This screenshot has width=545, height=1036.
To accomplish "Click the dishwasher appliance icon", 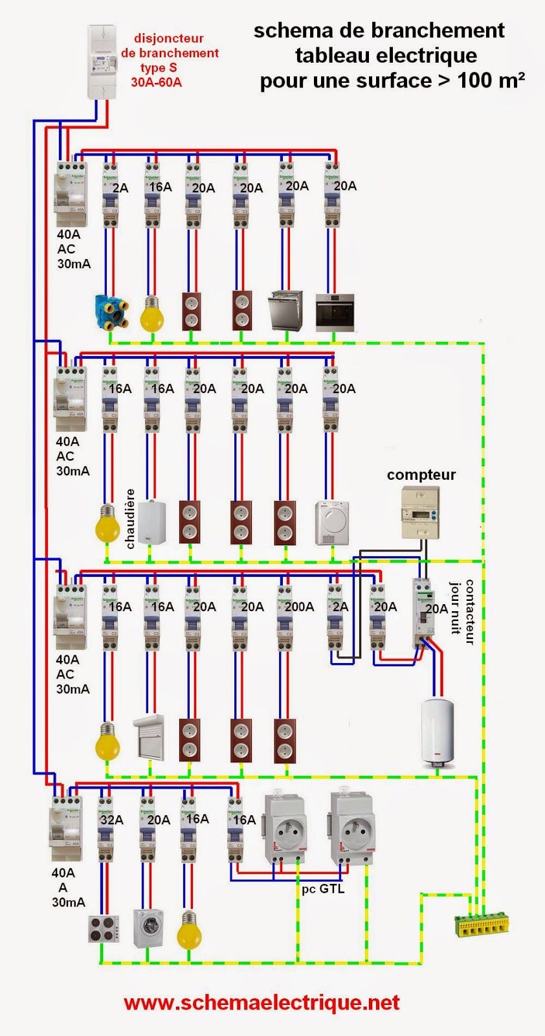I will tap(285, 311).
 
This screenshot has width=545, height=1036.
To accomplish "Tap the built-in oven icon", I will tap(334, 313).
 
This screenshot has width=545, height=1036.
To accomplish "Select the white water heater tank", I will tap(438, 731).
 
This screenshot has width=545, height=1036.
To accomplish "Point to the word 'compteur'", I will tap(421, 475).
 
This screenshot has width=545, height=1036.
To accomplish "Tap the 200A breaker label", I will tap(299, 607).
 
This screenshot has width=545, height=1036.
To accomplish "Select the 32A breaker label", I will tap(111, 820).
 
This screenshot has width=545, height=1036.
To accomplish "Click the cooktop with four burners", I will tap(104, 929).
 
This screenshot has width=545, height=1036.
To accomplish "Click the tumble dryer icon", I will tap(331, 523).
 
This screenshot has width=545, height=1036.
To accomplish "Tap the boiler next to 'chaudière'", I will tap(152, 521).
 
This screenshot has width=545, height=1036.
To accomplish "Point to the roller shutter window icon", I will tap(150, 738).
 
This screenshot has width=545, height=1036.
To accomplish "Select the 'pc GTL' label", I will tap(323, 889).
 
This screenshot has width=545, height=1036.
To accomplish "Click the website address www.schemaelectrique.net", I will tap(261, 1003).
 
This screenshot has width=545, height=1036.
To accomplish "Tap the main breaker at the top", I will tap(102, 62).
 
